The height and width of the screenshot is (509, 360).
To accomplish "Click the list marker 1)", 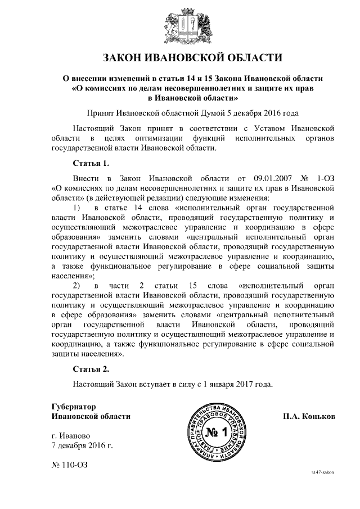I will tap(81, 209).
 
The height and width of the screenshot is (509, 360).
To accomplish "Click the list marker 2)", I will tap(81, 286).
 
